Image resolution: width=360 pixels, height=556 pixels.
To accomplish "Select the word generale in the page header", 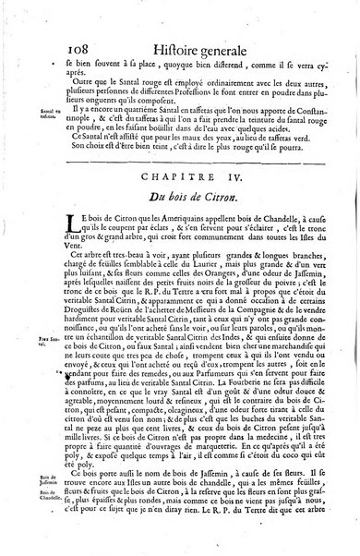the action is point(241,37).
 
